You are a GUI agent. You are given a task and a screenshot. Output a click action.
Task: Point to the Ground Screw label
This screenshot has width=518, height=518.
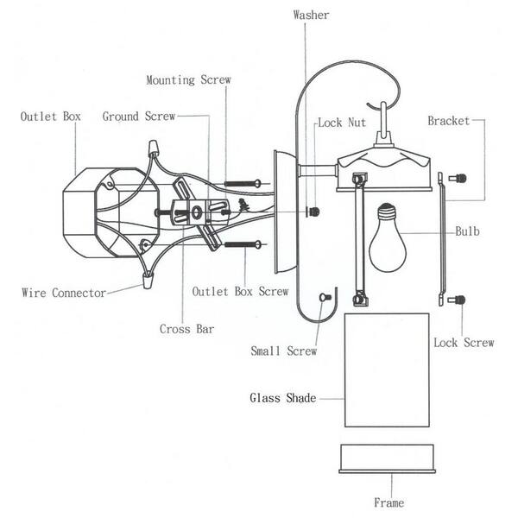[x=139, y=116]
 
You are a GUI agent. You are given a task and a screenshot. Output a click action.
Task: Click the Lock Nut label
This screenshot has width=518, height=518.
[x=342, y=123]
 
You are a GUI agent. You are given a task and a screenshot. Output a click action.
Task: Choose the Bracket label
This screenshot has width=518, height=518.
[x=449, y=121]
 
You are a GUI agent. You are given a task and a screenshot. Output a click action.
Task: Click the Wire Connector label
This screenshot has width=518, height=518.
[x=63, y=292]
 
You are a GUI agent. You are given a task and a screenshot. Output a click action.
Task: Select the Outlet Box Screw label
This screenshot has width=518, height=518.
[x=240, y=292]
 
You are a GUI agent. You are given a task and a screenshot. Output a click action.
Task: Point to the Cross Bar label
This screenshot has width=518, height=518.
[x=186, y=328]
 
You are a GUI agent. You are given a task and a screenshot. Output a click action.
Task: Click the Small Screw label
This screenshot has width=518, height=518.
[x=284, y=351]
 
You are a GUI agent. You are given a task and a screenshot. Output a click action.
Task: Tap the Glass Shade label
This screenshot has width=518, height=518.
[x=283, y=398]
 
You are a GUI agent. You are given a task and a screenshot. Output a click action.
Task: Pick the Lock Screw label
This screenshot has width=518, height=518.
[x=463, y=343]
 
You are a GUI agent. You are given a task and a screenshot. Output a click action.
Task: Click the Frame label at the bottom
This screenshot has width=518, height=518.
[x=388, y=502]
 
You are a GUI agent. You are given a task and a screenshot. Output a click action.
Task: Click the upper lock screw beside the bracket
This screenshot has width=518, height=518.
[x=460, y=179]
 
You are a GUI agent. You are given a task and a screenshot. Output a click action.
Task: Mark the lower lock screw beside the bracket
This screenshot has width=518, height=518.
[x=460, y=300]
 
